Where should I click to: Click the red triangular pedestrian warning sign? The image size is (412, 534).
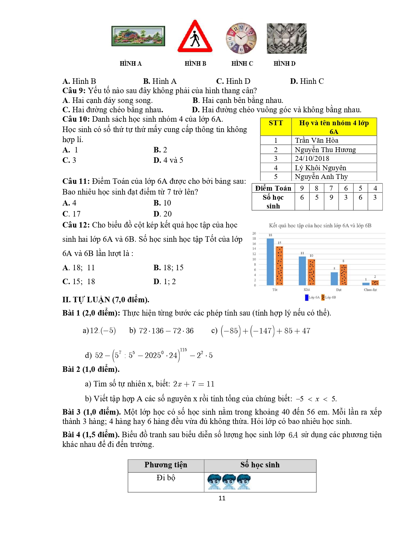pyautogui.click(x=195, y=37)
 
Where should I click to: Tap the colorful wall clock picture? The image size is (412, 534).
pyautogui.click(x=241, y=38)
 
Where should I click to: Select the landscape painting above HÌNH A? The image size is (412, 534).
pyautogui.click(x=138, y=36)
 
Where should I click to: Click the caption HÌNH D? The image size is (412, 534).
pyautogui.click(x=284, y=63)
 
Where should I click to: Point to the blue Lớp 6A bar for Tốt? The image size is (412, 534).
pyautogui.click(x=270, y=262)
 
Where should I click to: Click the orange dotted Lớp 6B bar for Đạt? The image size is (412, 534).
pyautogui.click(x=343, y=275)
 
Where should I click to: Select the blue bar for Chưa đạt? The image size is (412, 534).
pyautogui.click(x=366, y=284)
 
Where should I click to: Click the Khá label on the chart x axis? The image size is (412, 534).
pyautogui.click(x=307, y=290)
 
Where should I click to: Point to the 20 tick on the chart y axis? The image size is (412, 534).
pyautogui.click(x=254, y=233)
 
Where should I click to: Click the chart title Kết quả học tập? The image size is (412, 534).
pyautogui.click(x=320, y=226)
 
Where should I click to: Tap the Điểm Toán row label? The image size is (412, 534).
pyautogui.click(x=273, y=188)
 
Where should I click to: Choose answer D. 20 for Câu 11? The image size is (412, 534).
pyautogui.click(x=163, y=214)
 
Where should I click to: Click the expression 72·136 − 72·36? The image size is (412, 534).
pyautogui.click(x=166, y=331)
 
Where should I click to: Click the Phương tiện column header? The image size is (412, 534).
pyautogui.click(x=166, y=465)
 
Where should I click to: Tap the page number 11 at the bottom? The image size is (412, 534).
pyautogui.click(x=222, y=498)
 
